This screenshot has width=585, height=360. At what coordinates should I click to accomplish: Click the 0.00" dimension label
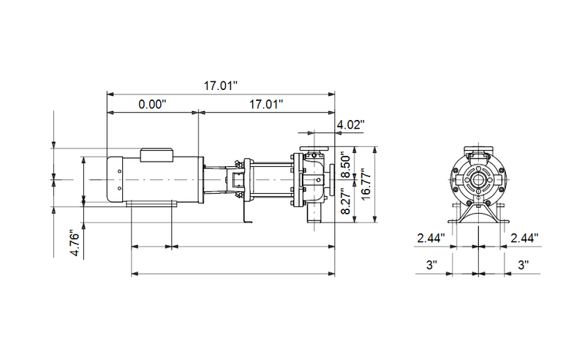(153, 105)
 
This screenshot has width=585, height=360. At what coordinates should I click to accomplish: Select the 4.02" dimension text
(349, 125)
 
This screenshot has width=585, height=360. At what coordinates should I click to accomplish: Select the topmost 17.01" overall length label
(221, 86)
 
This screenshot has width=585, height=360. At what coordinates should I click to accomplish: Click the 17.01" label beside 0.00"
(266, 105)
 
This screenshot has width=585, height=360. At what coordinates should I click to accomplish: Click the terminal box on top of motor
(156, 154)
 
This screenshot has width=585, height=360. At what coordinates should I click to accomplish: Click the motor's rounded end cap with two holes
(116, 179)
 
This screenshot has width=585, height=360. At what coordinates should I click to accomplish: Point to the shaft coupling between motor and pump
(237, 179)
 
